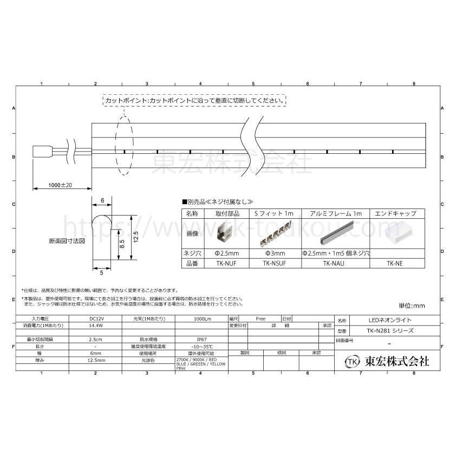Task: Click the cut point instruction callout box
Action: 194,101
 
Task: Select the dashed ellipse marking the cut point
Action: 124,145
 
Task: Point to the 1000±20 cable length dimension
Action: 60,185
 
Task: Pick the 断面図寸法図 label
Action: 67,240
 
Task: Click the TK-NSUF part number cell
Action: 274,264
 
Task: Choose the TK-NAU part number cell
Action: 335,264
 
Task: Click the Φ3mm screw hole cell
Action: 274,253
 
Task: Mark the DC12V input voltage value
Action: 95,319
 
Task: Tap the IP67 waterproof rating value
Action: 200,338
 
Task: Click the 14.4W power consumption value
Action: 95,326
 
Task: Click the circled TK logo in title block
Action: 353,361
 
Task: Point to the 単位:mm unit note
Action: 412,306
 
